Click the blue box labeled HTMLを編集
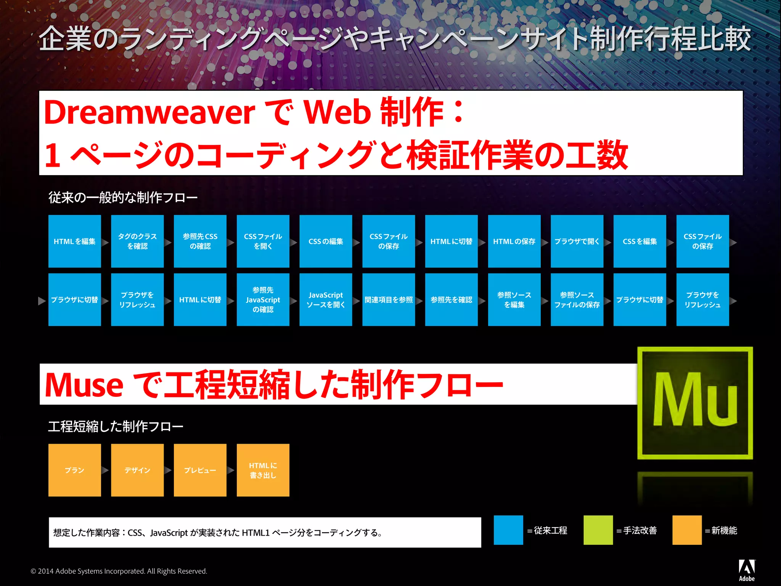[74, 241]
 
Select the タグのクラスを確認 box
[137, 241]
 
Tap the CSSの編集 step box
[326, 241]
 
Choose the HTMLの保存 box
[514, 241]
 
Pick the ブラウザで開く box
[577, 241]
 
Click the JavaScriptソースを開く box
[326, 299]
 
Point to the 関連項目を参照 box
[389, 299]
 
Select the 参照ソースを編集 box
[514, 299]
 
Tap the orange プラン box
[74, 470]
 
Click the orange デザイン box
[137, 470]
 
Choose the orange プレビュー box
[200, 470]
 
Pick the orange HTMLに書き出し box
[263, 470]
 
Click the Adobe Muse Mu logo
[695, 403]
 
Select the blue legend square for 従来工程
[508, 530]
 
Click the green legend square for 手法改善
[598, 530]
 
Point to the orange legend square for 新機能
[687, 530]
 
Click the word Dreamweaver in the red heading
[149, 113]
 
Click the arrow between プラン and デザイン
[106, 470]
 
